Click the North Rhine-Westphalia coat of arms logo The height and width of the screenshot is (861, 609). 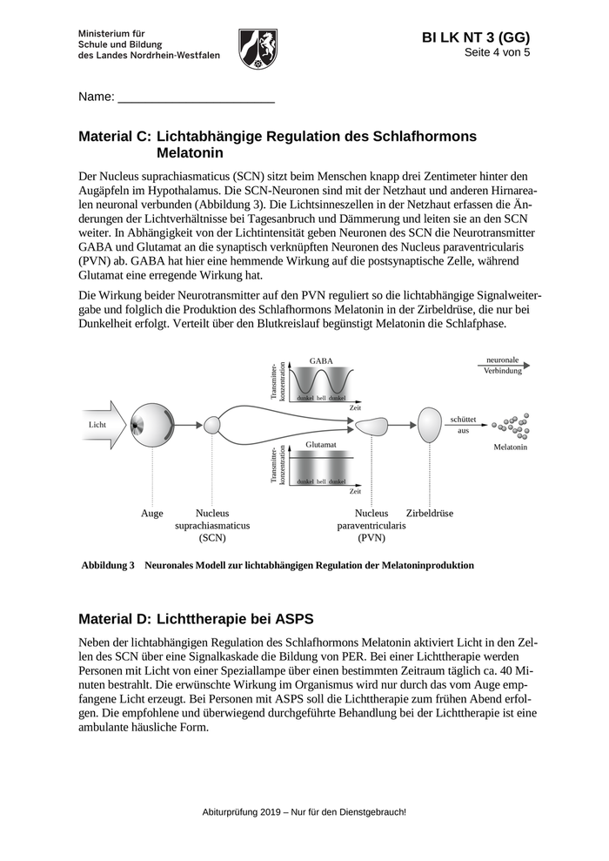point(258,47)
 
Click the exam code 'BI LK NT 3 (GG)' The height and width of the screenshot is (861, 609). point(475,37)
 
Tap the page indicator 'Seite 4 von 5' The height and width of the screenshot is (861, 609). point(497,52)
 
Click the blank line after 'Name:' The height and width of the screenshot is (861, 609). point(196,98)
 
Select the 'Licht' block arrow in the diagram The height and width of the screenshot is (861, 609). point(102,424)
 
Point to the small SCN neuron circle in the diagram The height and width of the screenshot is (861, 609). point(212,425)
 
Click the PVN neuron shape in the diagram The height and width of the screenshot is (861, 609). point(371,425)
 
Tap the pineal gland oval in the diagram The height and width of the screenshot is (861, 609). point(430,424)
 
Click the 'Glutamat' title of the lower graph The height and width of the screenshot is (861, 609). point(320,444)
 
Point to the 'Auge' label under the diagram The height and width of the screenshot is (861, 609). point(152,514)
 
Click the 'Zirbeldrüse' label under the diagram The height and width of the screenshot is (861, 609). point(430,514)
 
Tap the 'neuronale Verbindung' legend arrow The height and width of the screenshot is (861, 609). point(503,367)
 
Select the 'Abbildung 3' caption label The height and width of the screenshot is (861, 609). point(108,565)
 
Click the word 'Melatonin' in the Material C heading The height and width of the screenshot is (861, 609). point(191,153)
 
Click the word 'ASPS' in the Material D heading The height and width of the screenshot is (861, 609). point(295,619)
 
